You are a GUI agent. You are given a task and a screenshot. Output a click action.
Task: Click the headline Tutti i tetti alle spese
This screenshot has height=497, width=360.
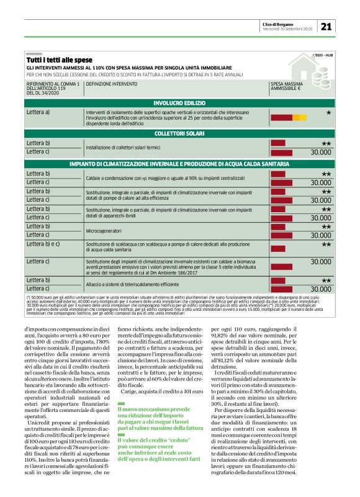click(59, 60)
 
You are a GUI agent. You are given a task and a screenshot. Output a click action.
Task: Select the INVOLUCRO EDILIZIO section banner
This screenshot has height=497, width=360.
click(180, 102)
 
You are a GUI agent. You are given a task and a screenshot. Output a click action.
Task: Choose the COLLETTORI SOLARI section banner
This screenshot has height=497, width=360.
click(180, 133)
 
